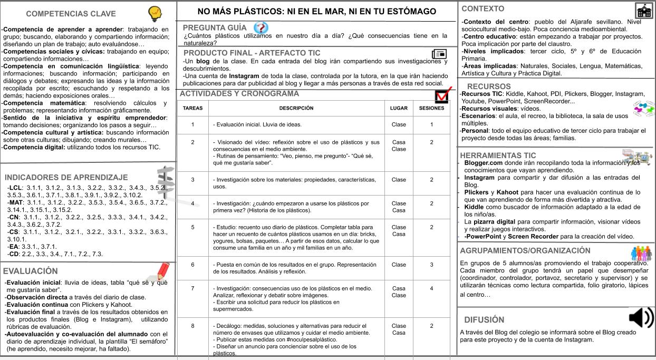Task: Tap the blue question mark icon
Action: tap(261, 28)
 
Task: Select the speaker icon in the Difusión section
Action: tap(641, 318)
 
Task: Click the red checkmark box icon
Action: tap(442, 95)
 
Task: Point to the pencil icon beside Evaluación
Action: tap(160, 270)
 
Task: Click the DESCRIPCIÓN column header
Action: tap(296, 109)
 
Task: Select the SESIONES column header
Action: tap(431, 109)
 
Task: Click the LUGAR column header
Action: tap(399, 109)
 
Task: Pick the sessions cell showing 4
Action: tap(431, 288)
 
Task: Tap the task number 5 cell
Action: tap(192, 227)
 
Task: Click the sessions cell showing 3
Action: tap(431, 265)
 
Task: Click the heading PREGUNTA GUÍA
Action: tap(215, 27)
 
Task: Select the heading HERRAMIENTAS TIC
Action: tap(498, 155)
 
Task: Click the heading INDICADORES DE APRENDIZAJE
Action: tap(66, 178)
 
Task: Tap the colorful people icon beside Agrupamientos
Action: tap(641, 254)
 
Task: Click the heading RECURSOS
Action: tap(489, 86)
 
